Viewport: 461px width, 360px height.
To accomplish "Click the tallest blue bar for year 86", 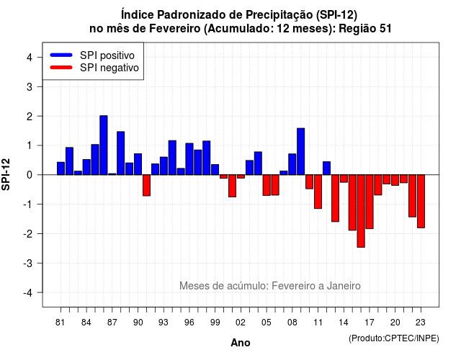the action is click(104, 145).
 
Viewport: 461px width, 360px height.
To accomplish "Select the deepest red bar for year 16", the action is click(361, 211).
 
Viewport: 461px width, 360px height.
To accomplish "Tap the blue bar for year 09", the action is click(301, 151).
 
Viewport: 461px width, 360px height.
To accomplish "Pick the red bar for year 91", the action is click(146, 185).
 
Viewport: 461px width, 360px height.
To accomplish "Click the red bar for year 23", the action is click(421, 202).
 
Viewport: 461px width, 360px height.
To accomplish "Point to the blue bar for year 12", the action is click(326, 168).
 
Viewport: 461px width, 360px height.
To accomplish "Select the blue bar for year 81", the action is click(61, 168).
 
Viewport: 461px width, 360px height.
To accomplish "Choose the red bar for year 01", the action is click(232, 186).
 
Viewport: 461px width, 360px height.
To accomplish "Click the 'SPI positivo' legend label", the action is click(107, 55).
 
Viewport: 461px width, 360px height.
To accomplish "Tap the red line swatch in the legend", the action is click(61, 68).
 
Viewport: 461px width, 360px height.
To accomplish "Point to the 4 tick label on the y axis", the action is click(30, 57).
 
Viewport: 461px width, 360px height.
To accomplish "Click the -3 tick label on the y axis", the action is click(28, 263).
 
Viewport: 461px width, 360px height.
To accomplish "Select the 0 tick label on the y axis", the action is click(30, 175).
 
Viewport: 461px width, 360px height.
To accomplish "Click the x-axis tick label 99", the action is click(215, 323).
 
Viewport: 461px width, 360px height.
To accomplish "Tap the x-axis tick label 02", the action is click(241, 323).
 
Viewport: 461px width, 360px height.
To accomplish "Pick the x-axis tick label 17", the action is click(370, 323).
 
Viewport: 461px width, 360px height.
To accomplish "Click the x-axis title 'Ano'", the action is click(241, 343).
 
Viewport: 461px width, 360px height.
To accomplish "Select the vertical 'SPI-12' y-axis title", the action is click(6, 174).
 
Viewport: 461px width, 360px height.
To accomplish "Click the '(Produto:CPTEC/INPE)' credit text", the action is click(394, 338).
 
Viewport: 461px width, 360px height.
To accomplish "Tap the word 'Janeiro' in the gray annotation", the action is click(344, 286).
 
